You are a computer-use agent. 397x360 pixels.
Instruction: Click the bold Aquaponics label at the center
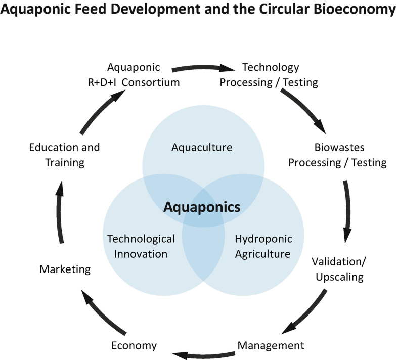(202, 207)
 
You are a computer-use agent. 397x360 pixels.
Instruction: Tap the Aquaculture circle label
(202, 148)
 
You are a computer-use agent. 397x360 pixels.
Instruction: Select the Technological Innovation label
(141, 246)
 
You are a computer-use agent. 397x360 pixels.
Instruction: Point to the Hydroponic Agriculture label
(263, 246)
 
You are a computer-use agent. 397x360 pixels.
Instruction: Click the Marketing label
(65, 269)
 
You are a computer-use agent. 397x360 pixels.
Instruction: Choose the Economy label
(134, 346)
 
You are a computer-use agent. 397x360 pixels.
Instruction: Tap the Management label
(271, 346)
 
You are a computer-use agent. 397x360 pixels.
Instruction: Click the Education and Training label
(64, 155)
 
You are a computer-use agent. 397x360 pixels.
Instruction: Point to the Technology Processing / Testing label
(269, 75)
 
